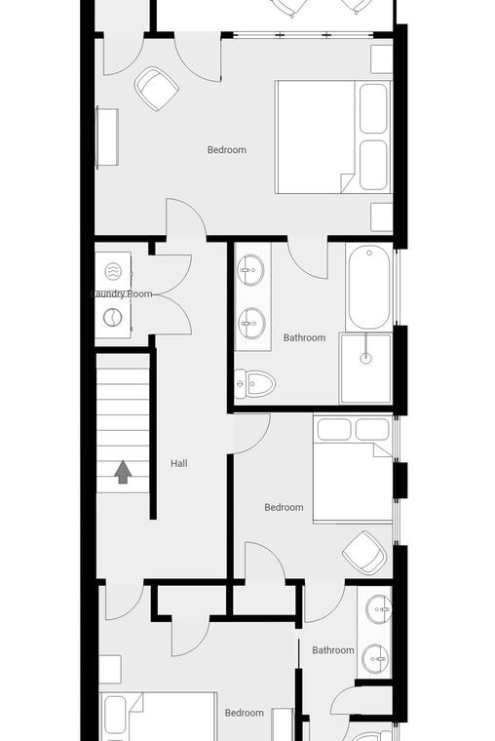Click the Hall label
coord(179,463)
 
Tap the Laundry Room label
coord(122,293)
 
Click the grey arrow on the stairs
coord(123,472)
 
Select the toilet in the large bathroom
coord(254,384)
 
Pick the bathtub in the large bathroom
coord(369,289)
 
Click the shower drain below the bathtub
coord(365,358)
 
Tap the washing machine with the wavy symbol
coord(113,272)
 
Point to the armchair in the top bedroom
coord(156,89)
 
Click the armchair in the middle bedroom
coord(365,553)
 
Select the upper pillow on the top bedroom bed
coord(373,108)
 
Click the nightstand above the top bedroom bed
coord(382,59)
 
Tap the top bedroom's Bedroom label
coord(227,150)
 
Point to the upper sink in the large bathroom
coord(250,270)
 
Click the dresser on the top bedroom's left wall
coord(107,137)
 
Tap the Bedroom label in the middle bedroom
coord(284,507)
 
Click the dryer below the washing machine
coord(113,318)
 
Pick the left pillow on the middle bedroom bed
coord(334,429)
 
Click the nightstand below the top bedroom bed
coord(382,216)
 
